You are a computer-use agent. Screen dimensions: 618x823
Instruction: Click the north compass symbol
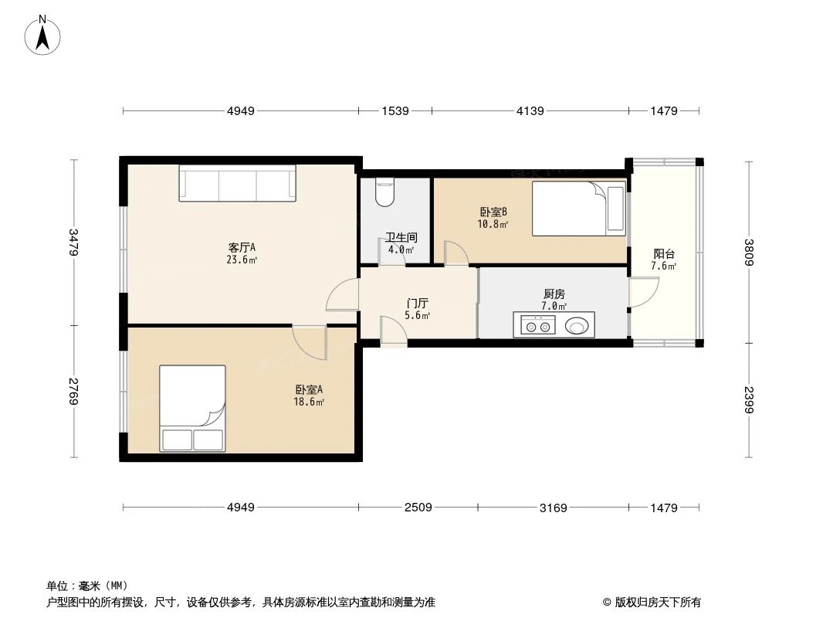coord(43,35)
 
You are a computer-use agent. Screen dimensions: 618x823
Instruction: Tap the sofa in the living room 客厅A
coord(237,184)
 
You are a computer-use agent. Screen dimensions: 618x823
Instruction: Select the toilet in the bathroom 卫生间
coord(384,192)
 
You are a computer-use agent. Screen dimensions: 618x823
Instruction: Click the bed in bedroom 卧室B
coord(578,208)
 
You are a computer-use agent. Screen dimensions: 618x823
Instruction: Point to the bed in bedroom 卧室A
coord(192,408)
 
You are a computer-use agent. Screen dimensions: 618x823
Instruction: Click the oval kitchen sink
coord(577,326)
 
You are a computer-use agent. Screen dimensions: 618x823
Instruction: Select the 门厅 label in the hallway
coord(418,304)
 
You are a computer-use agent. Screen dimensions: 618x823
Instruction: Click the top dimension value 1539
coord(395,111)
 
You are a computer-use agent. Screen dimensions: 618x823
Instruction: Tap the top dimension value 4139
coord(530,111)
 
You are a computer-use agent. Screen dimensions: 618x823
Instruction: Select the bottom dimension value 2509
coord(418,508)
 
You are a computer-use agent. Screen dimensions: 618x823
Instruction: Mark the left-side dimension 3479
coord(74,242)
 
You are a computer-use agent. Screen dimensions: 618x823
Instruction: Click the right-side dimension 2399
coord(748,399)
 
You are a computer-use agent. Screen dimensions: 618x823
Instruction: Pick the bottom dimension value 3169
coord(553,508)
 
